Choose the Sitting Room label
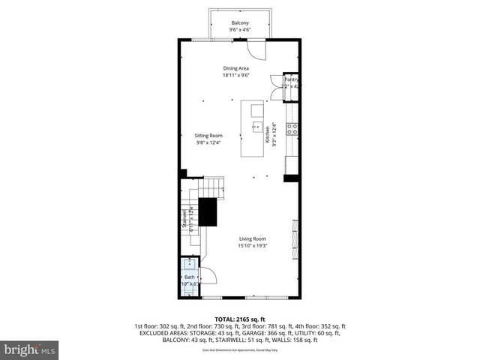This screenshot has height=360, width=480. [x=209, y=135]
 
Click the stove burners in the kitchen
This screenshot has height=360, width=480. [x=292, y=128]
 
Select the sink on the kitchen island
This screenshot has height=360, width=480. [x=256, y=127]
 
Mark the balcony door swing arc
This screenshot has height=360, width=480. [x=257, y=51]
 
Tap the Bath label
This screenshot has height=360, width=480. [x=189, y=277]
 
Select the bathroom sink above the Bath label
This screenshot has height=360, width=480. [x=190, y=263]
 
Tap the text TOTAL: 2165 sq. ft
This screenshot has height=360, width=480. [x=240, y=319]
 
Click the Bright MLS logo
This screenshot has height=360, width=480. [x=30, y=349]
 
